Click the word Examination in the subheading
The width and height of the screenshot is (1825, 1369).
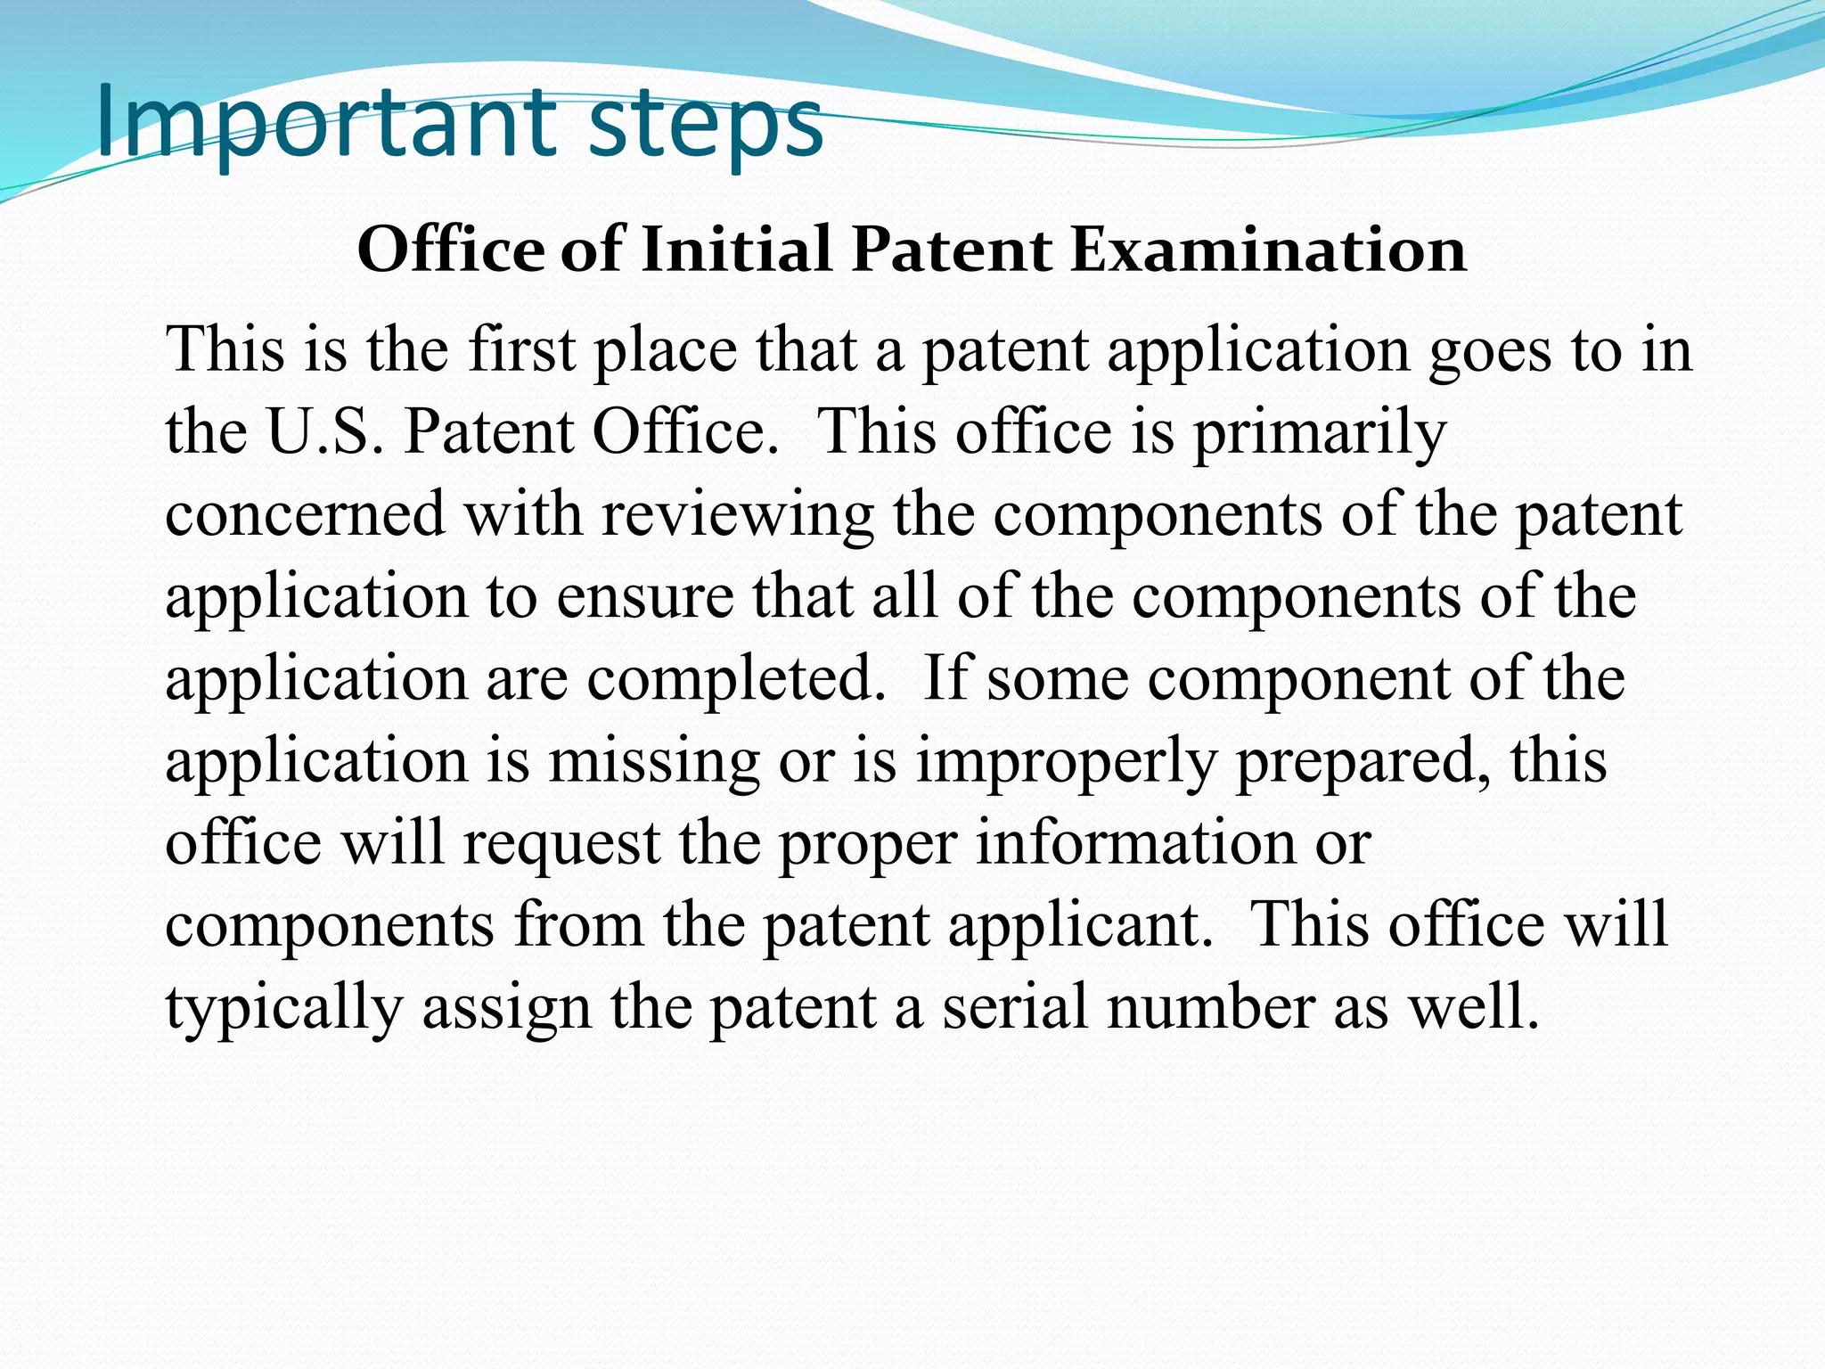tap(1268, 249)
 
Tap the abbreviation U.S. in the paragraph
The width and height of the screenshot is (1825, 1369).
tap(324, 431)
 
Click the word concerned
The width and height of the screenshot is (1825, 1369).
tap(305, 514)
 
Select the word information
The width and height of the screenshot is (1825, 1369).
tap(1135, 842)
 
